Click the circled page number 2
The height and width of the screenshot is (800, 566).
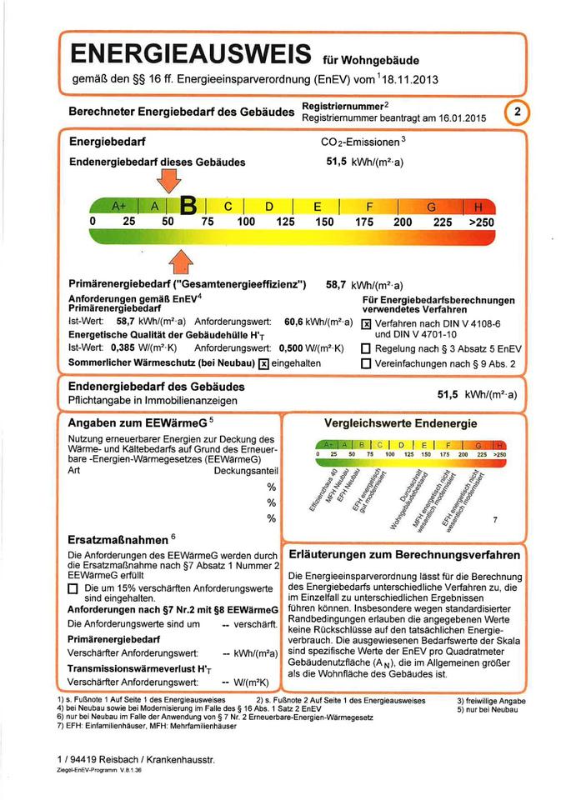tap(518, 112)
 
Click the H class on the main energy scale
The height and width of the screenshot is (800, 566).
tap(478, 207)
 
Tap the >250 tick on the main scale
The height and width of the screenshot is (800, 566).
tap(481, 222)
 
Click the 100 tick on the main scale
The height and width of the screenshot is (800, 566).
tap(246, 222)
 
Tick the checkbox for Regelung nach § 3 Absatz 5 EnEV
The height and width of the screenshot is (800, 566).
tap(365, 348)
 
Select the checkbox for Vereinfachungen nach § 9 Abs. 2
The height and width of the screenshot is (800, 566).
tap(365, 363)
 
